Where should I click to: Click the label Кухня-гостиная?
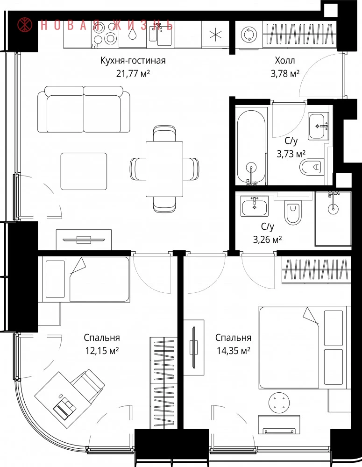pos(133,61)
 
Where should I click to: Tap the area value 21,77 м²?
pos(133,73)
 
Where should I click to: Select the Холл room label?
pos(285,60)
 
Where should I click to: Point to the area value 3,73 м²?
pos(291,154)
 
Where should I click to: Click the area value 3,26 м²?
pos(267,239)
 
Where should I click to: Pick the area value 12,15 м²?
pos(102,351)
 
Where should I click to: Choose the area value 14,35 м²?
pos(233,351)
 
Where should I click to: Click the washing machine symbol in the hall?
pos(248,35)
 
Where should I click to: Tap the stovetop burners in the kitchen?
pos(105,33)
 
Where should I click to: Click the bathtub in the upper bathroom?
pos(251,146)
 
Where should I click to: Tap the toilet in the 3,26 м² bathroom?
pos(293,212)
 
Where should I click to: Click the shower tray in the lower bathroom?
pos(333,219)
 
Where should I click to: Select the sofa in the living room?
pos(84,109)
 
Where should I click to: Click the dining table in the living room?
pos(164,169)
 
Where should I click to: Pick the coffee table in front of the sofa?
pos(84,171)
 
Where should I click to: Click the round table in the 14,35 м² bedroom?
pos(279,403)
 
